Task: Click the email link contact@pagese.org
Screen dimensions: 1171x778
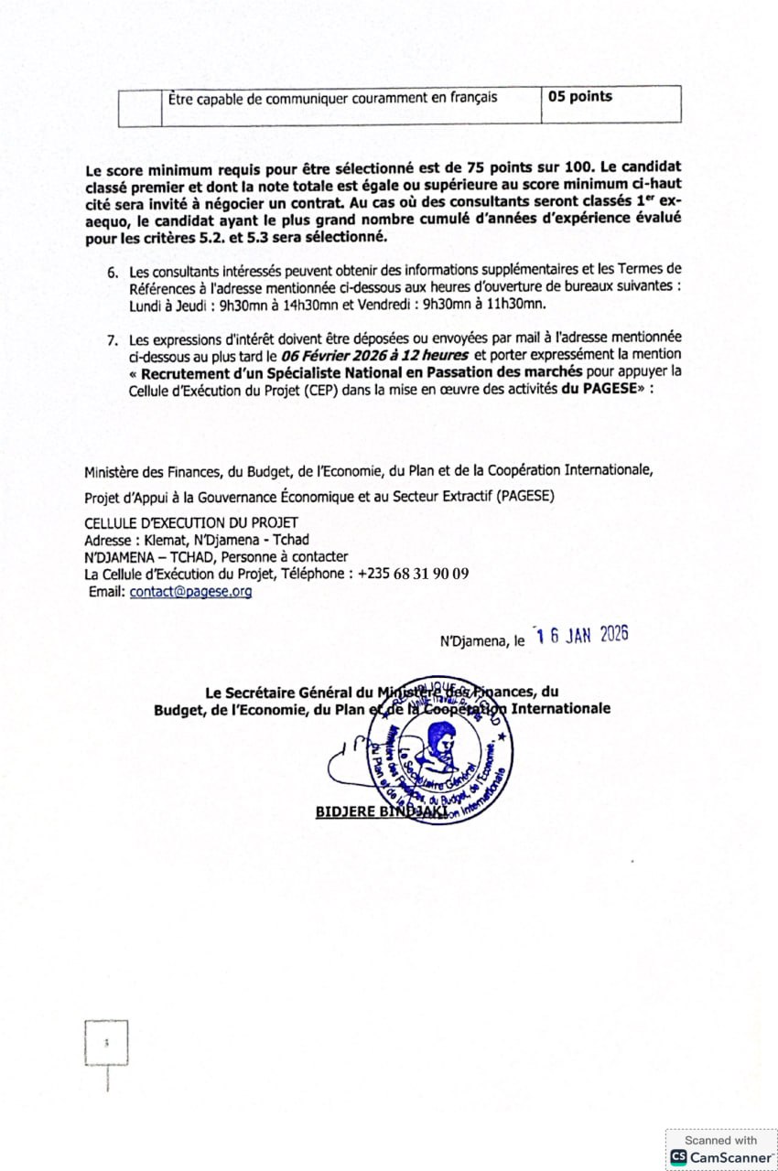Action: click(190, 592)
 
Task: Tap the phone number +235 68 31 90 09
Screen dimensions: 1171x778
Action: click(413, 574)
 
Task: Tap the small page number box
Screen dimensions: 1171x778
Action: click(106, 1043)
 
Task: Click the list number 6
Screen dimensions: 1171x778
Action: click(113, 273)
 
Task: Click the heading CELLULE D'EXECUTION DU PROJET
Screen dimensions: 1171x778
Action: click(190, 522)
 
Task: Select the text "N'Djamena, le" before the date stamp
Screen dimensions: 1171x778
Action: click(482, 641)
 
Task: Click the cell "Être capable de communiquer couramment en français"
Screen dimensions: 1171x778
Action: click(333, 98)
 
